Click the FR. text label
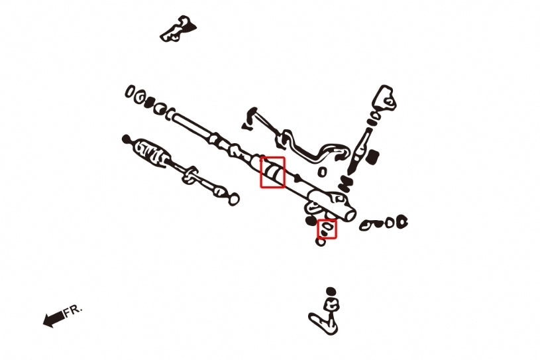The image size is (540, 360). point(73,311)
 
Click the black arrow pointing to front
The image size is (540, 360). point(52,320)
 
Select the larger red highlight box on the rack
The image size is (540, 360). point(272,172)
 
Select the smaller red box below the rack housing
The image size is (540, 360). point(327,229)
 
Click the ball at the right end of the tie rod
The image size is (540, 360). point(233,198)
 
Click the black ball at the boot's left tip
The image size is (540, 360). point(126,139)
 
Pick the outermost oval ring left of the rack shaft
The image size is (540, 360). point(130,91)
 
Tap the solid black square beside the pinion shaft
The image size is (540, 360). point(372,156)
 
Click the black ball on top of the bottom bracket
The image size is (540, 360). point(331,291)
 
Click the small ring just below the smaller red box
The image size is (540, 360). point(321,242)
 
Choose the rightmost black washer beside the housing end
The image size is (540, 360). point(402,222)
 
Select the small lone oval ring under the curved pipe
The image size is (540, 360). point(322,172)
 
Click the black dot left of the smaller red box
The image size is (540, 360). point(310,220)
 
